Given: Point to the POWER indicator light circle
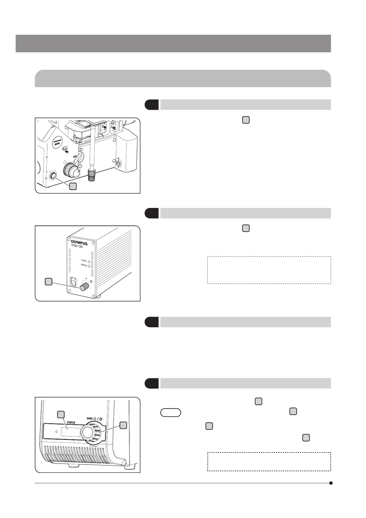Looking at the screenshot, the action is [x=89, y=261].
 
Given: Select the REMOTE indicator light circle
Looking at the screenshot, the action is [x=89, y=265].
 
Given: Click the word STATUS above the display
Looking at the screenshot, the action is [x=71, y=422].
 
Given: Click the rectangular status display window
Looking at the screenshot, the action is [x=71, y=432].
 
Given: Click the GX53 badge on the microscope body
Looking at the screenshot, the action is [x=57, y=144].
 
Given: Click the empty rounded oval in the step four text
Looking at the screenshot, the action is [x=171, y=412].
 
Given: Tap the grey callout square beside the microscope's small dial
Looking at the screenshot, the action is [x=73, y=186].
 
